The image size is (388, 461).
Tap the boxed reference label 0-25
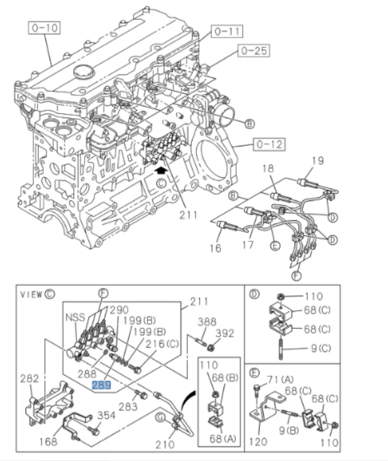(x=253, y=51)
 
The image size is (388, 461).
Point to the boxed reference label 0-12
(x=269, y=145)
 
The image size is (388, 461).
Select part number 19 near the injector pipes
(x=318, y=162)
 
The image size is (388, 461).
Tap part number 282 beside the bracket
(x=30, y=379)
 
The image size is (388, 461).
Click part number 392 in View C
(x=225, y=333)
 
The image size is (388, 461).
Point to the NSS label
(x=75, y=317)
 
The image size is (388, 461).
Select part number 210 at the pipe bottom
(x=166, y=444)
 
